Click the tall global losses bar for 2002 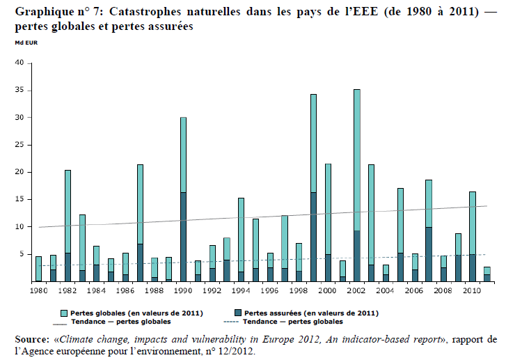(357, 160)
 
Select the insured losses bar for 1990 (183, 237)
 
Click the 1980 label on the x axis (38, 289)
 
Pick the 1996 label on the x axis (270, 289)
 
